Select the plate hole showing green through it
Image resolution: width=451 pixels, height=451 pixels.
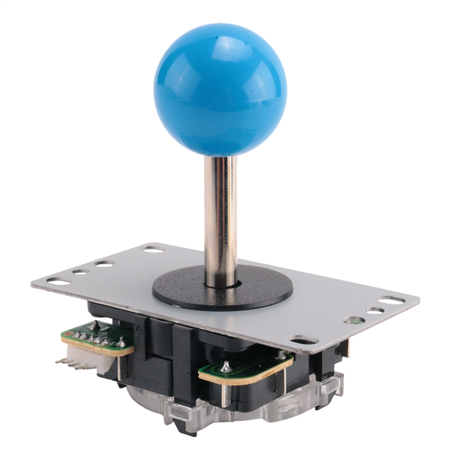point(355,320)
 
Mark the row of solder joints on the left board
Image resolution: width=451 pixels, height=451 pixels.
point(94,339)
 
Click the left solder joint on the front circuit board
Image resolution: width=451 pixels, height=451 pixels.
point(224,366)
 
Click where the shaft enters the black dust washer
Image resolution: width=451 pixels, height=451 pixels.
point(222,283)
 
